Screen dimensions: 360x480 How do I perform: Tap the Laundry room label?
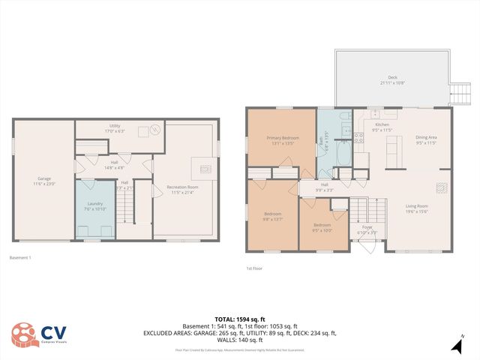(x=94, y=204)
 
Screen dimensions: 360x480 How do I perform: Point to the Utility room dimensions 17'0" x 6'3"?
(x=115, y=131)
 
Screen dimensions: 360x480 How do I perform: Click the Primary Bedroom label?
(x=281, y=137)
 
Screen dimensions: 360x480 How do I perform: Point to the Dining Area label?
(x=426, y=137)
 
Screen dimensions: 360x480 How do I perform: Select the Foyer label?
(x=367, y=227)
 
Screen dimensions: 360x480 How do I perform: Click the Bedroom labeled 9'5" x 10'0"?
(x=322, y=226)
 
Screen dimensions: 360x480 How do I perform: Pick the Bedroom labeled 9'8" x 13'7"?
(x=272, y=217)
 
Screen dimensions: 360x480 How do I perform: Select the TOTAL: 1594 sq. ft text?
(x=240, y=319)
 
